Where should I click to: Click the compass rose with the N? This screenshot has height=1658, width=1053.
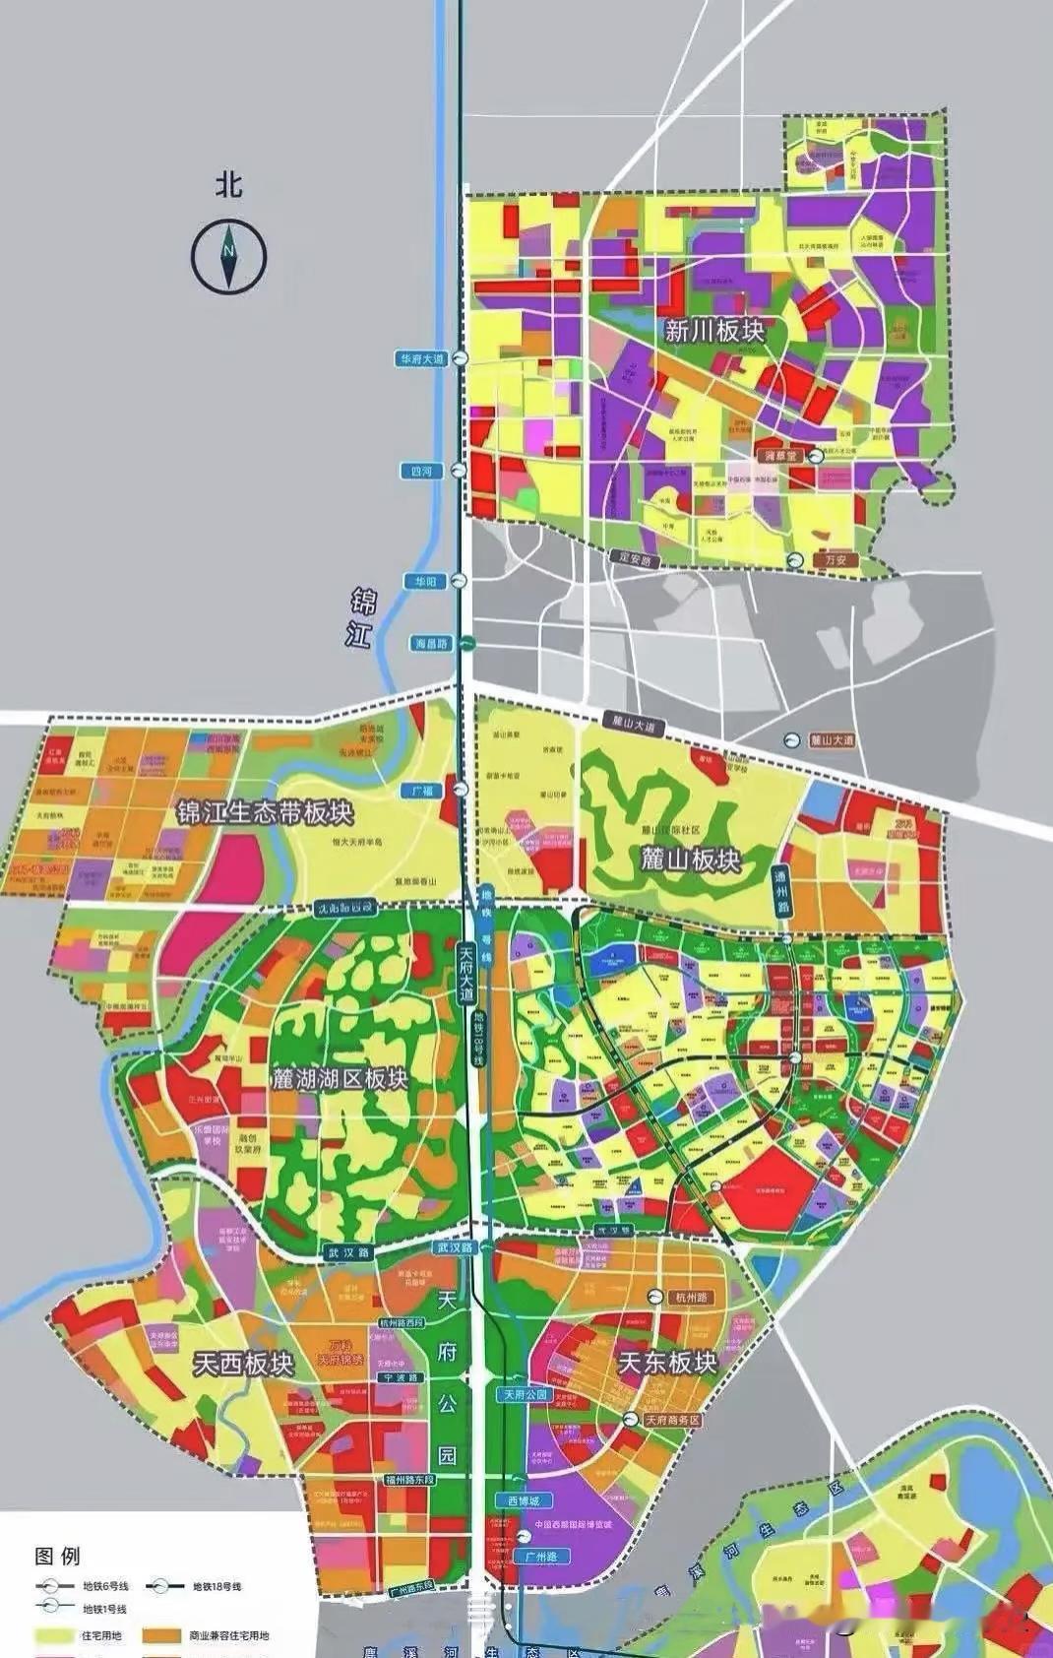click(x=228, y=254)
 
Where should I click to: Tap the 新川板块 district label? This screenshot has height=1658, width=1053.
click(x=714, y=330)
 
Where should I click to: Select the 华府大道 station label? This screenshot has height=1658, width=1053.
click(x=421, y=359)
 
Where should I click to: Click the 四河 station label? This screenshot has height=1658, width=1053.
click(x=421, y=472)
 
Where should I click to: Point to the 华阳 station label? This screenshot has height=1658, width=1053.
click(x=424, y=581)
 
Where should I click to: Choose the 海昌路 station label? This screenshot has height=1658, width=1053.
click(x=430, y=643)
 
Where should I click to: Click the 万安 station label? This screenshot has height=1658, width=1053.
click(x=836, y=559)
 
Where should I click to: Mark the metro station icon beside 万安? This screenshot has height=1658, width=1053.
click(x=793, y=559)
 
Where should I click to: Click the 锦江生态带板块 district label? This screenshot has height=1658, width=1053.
click(x=265, y=812)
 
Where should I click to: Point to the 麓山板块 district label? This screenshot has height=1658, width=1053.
click(x=690, y=859)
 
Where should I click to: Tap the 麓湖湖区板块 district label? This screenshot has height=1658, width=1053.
click(x=339, y=1078)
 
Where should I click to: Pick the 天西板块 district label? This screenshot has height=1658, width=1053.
click(x=243, y=1364)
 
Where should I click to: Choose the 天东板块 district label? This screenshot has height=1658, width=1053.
click(x=667, y=1362)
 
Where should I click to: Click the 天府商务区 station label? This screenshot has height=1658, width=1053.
click(x=672, y=1420)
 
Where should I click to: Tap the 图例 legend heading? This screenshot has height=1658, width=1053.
click(x=57, y=1556)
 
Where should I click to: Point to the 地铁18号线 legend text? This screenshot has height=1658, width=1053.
click(x=217, y=1586)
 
